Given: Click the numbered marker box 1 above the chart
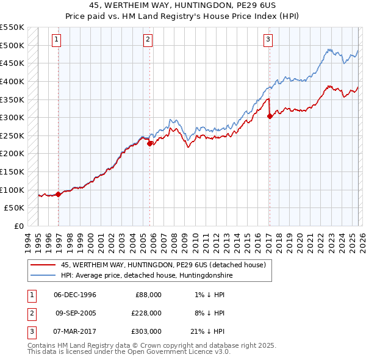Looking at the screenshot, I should tap(56, 40).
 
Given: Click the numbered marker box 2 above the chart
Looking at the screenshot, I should tap(148, 40).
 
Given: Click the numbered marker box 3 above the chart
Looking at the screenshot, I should tap(268, 40).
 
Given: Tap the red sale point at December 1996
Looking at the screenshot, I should tap(59, 194).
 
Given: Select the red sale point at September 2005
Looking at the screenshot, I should tap(150, 143).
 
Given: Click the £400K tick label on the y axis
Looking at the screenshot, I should tap(12, 81).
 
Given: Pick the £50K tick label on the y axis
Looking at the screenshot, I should tap(15, 208).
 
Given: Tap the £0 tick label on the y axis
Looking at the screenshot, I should tap(19, 226).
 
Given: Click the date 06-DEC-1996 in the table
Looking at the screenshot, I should tap(75, 295).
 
